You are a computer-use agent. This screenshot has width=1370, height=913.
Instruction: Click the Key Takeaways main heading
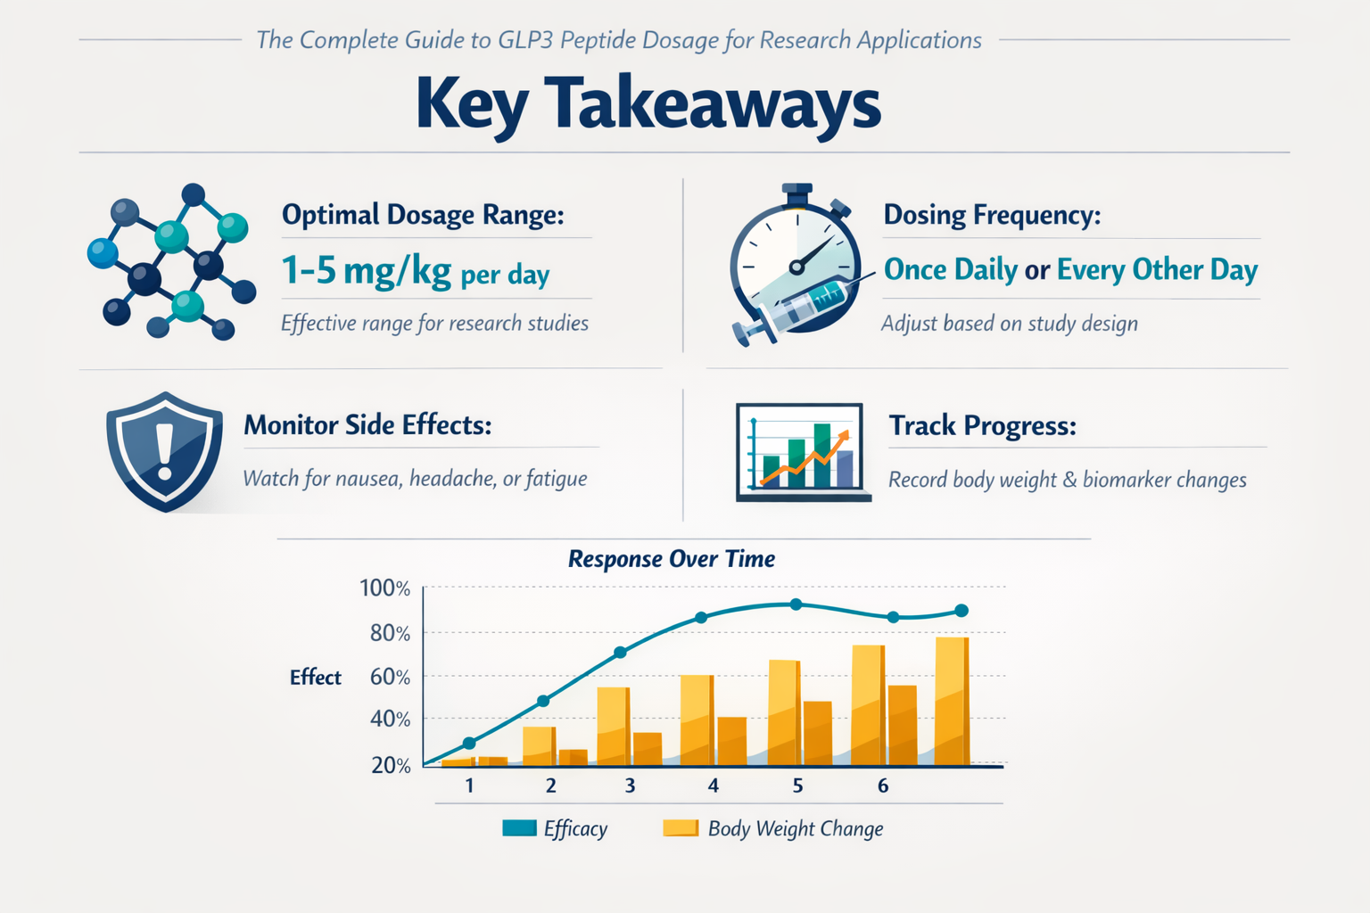(x=648, y=104)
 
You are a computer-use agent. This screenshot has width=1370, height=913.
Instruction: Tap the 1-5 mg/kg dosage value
(x=366, y=270)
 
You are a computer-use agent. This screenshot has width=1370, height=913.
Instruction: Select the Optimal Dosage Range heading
(x=423, y=215)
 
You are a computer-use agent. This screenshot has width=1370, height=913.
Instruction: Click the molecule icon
(x=171, y=263)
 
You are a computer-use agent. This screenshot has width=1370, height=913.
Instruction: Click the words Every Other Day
(x=1157, y=269)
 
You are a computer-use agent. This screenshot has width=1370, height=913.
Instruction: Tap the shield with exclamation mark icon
(x=164, y=451)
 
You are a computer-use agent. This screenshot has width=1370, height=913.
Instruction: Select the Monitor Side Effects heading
(x=367, y=425)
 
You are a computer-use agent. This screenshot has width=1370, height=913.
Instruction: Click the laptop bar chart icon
(x=801, y=452)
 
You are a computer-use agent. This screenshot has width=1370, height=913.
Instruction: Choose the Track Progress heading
(x=982, y=426)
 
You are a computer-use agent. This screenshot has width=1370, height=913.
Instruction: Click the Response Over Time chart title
(x=671, y=559)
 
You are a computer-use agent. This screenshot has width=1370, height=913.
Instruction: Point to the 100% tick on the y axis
(x=384, y=588)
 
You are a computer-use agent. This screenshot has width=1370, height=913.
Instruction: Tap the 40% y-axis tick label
(x=390, y=719)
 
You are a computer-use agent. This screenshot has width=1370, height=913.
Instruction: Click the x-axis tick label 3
(x=630, y=786)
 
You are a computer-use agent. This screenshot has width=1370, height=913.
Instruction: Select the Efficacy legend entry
(x=555, y=828)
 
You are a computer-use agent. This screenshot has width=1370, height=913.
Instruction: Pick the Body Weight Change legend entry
(x=773, y=828)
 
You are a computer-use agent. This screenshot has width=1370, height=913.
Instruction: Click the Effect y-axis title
(x=316, y=678)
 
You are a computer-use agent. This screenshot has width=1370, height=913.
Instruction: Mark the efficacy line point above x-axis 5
(x=796, y=605)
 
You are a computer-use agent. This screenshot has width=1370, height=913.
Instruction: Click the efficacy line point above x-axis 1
(x=469, y=743)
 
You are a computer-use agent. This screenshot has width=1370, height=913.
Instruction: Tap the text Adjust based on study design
(x=1009, y=324)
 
